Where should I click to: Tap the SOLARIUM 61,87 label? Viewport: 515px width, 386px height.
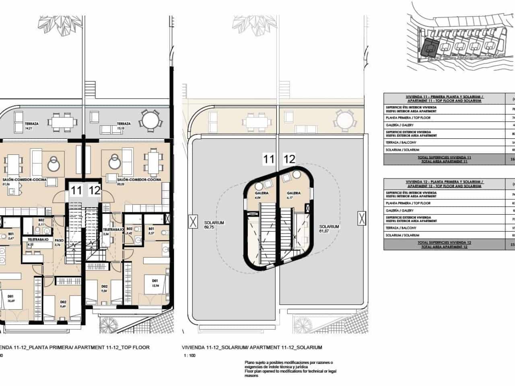point(329,229)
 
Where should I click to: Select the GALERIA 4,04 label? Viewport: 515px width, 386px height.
point(262,195)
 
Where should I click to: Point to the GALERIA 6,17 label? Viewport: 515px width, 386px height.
point(294,195)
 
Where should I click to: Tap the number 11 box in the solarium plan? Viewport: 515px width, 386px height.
point(269,159)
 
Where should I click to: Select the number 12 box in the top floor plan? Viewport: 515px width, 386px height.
point(94,190)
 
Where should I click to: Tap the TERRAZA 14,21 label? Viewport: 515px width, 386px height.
point(31,126)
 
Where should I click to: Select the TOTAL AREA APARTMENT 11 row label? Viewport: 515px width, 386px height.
point(444,160)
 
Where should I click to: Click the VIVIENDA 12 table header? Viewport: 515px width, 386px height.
point(444,183)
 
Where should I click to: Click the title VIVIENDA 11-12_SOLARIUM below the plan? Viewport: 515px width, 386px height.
point(252,347)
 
